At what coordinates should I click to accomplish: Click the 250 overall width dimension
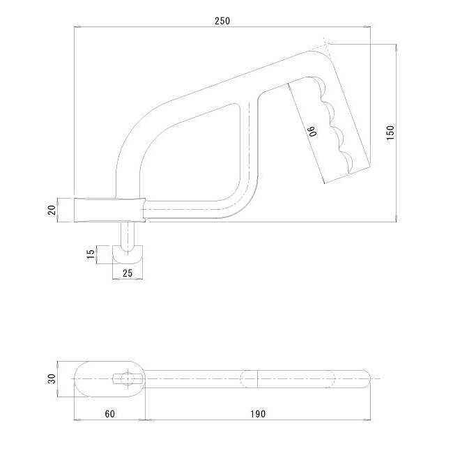pos(222,21)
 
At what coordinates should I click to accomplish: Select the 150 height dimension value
pos(390,132)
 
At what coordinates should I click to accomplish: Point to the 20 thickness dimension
pos(52,210)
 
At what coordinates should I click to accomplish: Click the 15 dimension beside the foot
pos(91,254)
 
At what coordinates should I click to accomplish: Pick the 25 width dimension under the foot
pos(128,273)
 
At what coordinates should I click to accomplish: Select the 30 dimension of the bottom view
pos(52,378)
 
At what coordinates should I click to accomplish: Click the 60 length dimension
pos(110,414)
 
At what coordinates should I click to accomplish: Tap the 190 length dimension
pos(258,414)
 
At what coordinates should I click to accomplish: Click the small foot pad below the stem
pos(128,258)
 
